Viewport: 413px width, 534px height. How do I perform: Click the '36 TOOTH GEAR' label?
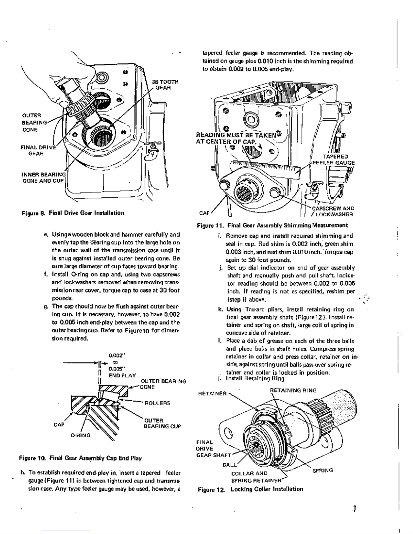(165, 85)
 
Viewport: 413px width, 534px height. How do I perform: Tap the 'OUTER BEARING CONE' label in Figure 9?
(34, 122)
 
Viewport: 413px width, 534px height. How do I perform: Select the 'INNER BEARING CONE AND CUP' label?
(44, 178)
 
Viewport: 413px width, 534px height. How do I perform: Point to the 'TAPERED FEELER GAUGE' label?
(333, 160)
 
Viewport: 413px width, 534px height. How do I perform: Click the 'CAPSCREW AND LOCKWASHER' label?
(333, 211)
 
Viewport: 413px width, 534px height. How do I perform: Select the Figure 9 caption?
(73, 213)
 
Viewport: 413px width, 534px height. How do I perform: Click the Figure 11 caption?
(272, 225)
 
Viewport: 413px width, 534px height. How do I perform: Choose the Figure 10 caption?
(80, 458)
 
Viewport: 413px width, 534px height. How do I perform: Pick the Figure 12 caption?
(250, 489)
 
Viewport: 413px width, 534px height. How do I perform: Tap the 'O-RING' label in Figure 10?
(80, 435)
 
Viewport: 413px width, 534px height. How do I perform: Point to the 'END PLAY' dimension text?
(122, 376)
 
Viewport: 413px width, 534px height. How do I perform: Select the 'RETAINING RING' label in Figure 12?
(293, 390)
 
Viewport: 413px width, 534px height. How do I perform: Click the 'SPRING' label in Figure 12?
(323, 470)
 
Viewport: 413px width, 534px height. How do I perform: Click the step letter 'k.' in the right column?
(220, 309)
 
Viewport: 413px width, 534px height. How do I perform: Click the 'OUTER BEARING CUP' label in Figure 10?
(162, 423)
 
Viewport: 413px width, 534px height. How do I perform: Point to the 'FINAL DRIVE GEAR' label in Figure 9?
(38, 150)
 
